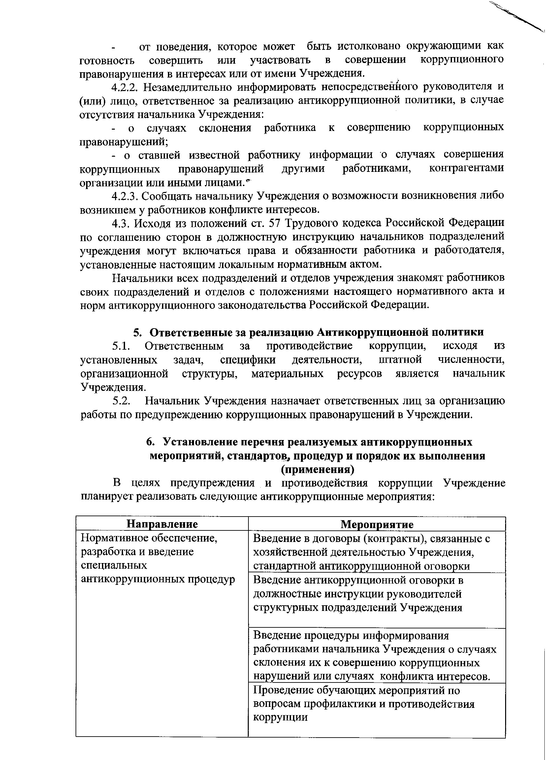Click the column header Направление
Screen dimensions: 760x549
tap(162, 524)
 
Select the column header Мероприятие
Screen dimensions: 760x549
tap(377, 524)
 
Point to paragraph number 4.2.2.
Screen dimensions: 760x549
tap(125, 87)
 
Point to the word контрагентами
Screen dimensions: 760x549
tap(466, 168)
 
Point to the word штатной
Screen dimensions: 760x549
tap(400, 360)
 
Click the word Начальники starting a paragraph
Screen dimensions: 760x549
tap(142, 278)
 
